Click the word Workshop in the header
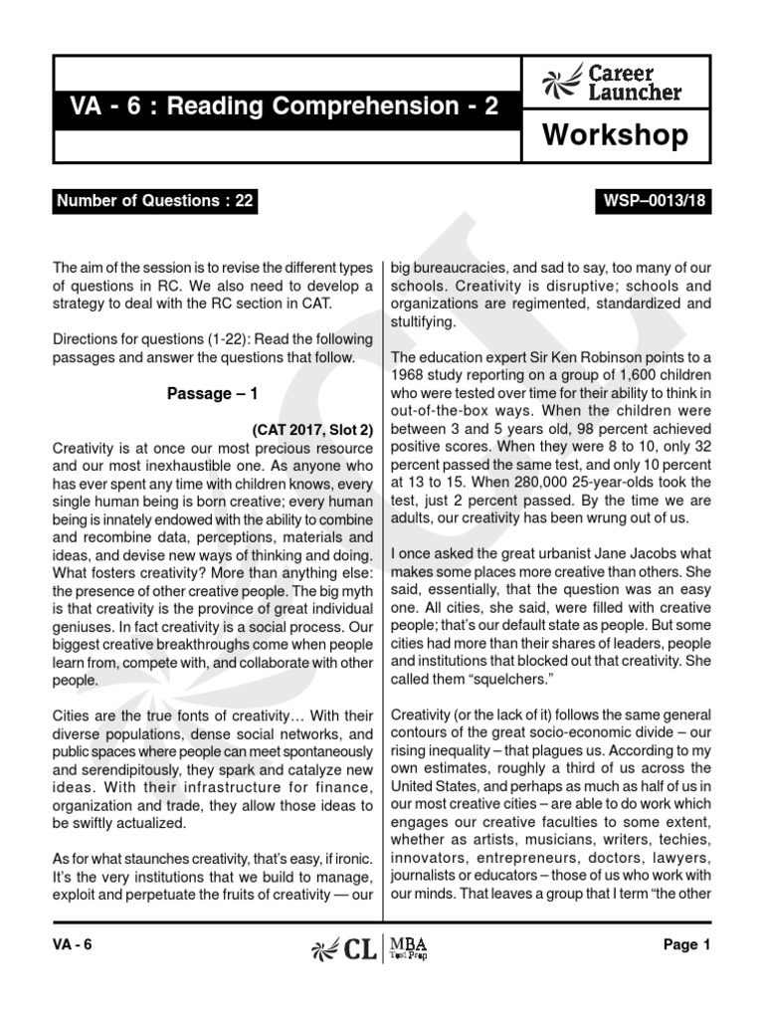click(x=615, y=135)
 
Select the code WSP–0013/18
click(x=656, y=201)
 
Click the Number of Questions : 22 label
click(x=155, y=201)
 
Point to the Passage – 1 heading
click(x=213, y=393)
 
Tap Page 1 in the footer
click(x=686, y=946)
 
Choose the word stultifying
click(x=424, y=321)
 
